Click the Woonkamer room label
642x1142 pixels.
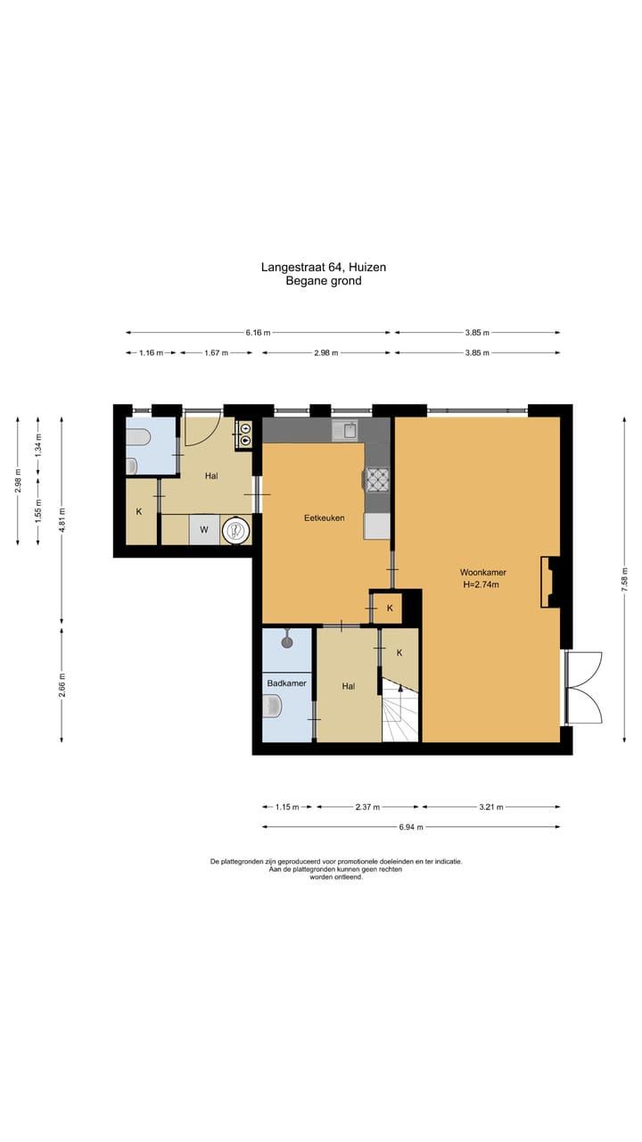coord(482,572)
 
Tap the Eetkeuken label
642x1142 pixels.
coord(324,518)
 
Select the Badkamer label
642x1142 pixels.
coord(287,683)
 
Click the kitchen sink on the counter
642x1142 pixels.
coord(345,431)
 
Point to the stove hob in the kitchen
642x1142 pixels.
coord(377,480)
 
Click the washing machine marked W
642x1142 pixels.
coord(204,530)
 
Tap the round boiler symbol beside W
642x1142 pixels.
coord(236,530)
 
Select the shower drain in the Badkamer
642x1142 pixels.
coord(287,642)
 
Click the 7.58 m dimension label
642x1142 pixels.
coord(625,578)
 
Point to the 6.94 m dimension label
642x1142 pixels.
coord(411,827)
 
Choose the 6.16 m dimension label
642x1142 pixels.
coord(258,333)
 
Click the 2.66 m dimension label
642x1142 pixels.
coord(62,684)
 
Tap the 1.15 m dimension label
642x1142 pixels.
coord(287,807)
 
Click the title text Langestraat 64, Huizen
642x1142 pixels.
coord(324,267)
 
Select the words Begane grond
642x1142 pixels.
coord(324,280)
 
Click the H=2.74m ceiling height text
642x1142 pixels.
coord(481,584)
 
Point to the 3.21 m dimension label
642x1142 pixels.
coord(491,807)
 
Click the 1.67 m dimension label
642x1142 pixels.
coord(216,352)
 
